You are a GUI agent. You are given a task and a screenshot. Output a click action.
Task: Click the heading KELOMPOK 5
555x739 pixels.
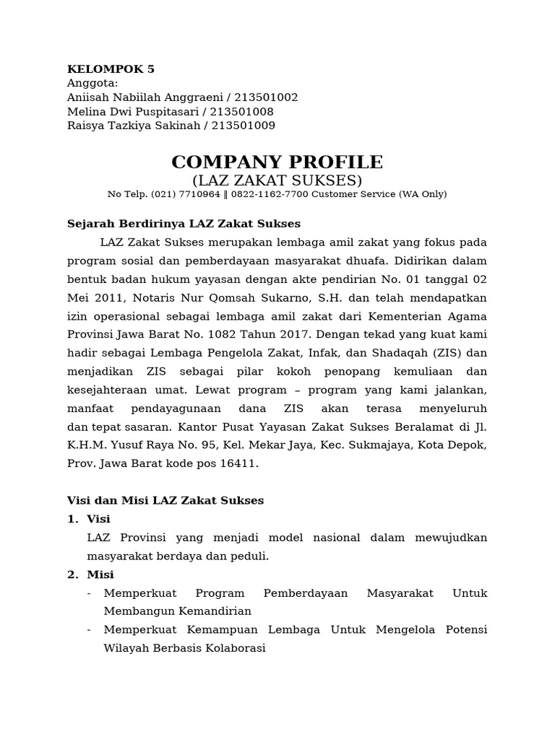[x=111, y=69]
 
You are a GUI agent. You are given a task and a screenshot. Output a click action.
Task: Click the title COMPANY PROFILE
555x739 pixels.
[x=277, y=162]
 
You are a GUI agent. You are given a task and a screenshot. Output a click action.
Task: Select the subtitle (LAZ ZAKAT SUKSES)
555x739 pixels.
[x=277, y=180]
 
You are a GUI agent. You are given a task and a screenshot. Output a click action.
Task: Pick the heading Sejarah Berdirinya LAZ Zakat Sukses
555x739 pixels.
[x=184, y=224]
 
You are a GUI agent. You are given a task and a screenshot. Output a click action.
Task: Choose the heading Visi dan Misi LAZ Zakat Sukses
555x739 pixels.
[x=165, y=500]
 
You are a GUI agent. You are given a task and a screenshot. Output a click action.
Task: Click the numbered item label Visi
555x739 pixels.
[x=98, y=519]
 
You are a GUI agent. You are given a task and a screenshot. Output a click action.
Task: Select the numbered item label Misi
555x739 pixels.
[x=100, y=574]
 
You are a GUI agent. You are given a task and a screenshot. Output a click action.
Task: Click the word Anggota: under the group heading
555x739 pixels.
[x=92, y=84]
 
